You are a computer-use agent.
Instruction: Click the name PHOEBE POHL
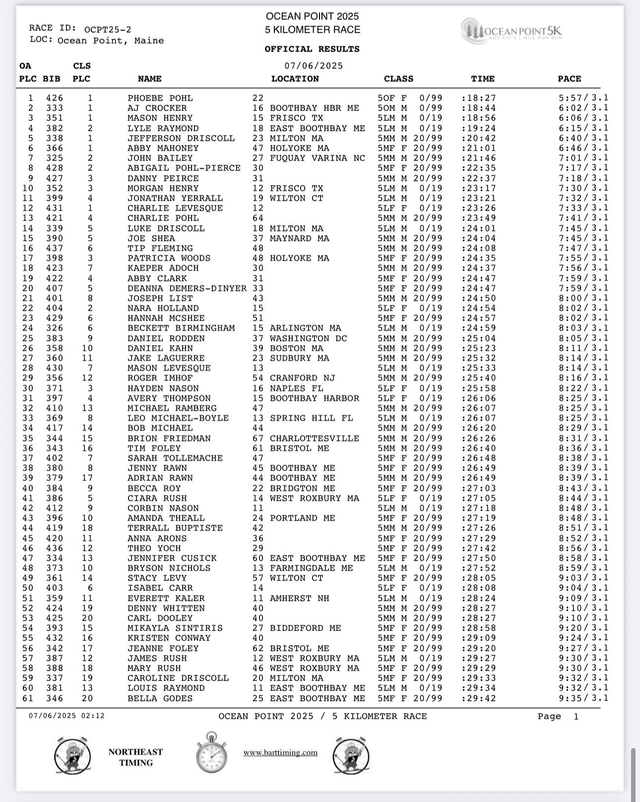(160, 98)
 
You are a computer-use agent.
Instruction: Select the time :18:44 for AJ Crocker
(478, 108)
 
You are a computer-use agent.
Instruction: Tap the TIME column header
(482, 79)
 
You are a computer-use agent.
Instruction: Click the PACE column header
(569, 79)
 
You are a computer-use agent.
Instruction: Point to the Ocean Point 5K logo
(512, 31)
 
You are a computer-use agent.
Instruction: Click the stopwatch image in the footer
(212, 753)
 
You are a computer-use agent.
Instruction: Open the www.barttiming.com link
(280, 752)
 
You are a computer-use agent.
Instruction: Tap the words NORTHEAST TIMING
(135, 757)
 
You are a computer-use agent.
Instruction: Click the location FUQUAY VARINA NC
(317, 158)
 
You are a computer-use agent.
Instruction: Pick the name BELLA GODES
(160, 698)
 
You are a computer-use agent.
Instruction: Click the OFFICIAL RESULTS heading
(312, 49)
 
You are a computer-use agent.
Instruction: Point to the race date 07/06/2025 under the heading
(314, 66)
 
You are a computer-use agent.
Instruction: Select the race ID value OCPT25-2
(108, 30)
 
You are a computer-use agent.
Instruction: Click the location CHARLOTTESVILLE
(314, 438)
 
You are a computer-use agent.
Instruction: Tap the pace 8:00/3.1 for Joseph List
(583, 298)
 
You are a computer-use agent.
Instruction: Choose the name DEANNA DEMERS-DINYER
(187, 288)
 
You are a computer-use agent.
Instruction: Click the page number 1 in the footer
(576, 716)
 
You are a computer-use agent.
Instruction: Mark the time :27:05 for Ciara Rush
(478, 498)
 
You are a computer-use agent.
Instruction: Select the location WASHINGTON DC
(305, 338)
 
